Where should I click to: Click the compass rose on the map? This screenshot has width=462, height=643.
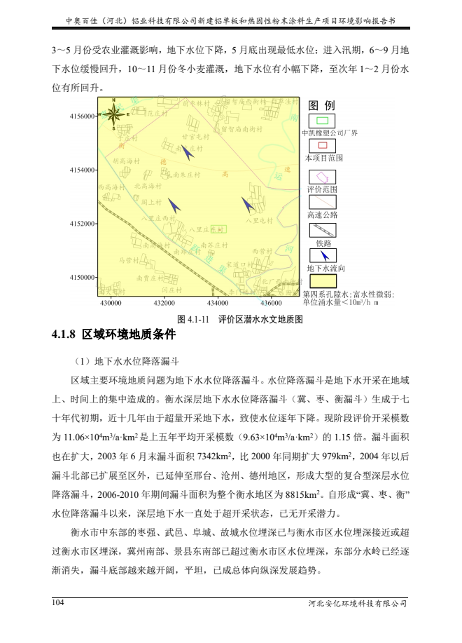tap(115, 115)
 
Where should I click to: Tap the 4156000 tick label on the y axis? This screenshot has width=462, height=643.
tap(83, 116)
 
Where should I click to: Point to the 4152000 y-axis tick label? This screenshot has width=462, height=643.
tap(83, 224)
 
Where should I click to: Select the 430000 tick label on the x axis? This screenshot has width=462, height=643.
tap(110, 303)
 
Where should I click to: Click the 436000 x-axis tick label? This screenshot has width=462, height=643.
tap(271, 303)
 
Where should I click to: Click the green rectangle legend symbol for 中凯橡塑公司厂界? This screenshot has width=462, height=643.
tap(322, 121)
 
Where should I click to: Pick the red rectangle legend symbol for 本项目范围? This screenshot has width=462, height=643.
tap(322, 146)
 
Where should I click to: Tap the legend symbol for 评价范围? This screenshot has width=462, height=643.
tap(322, 177)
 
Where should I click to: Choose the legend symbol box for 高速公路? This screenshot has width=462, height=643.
tap(322, 203)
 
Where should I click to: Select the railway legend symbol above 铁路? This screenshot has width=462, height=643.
tap(322, 229)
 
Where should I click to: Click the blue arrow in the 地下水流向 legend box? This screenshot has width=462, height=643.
tap(323, 255)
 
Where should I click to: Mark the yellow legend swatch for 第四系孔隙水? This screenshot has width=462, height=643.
tap(322, 281)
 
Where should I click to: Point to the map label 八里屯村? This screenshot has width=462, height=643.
tap(259, 222)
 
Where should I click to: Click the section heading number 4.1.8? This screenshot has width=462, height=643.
tap(64, 334)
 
